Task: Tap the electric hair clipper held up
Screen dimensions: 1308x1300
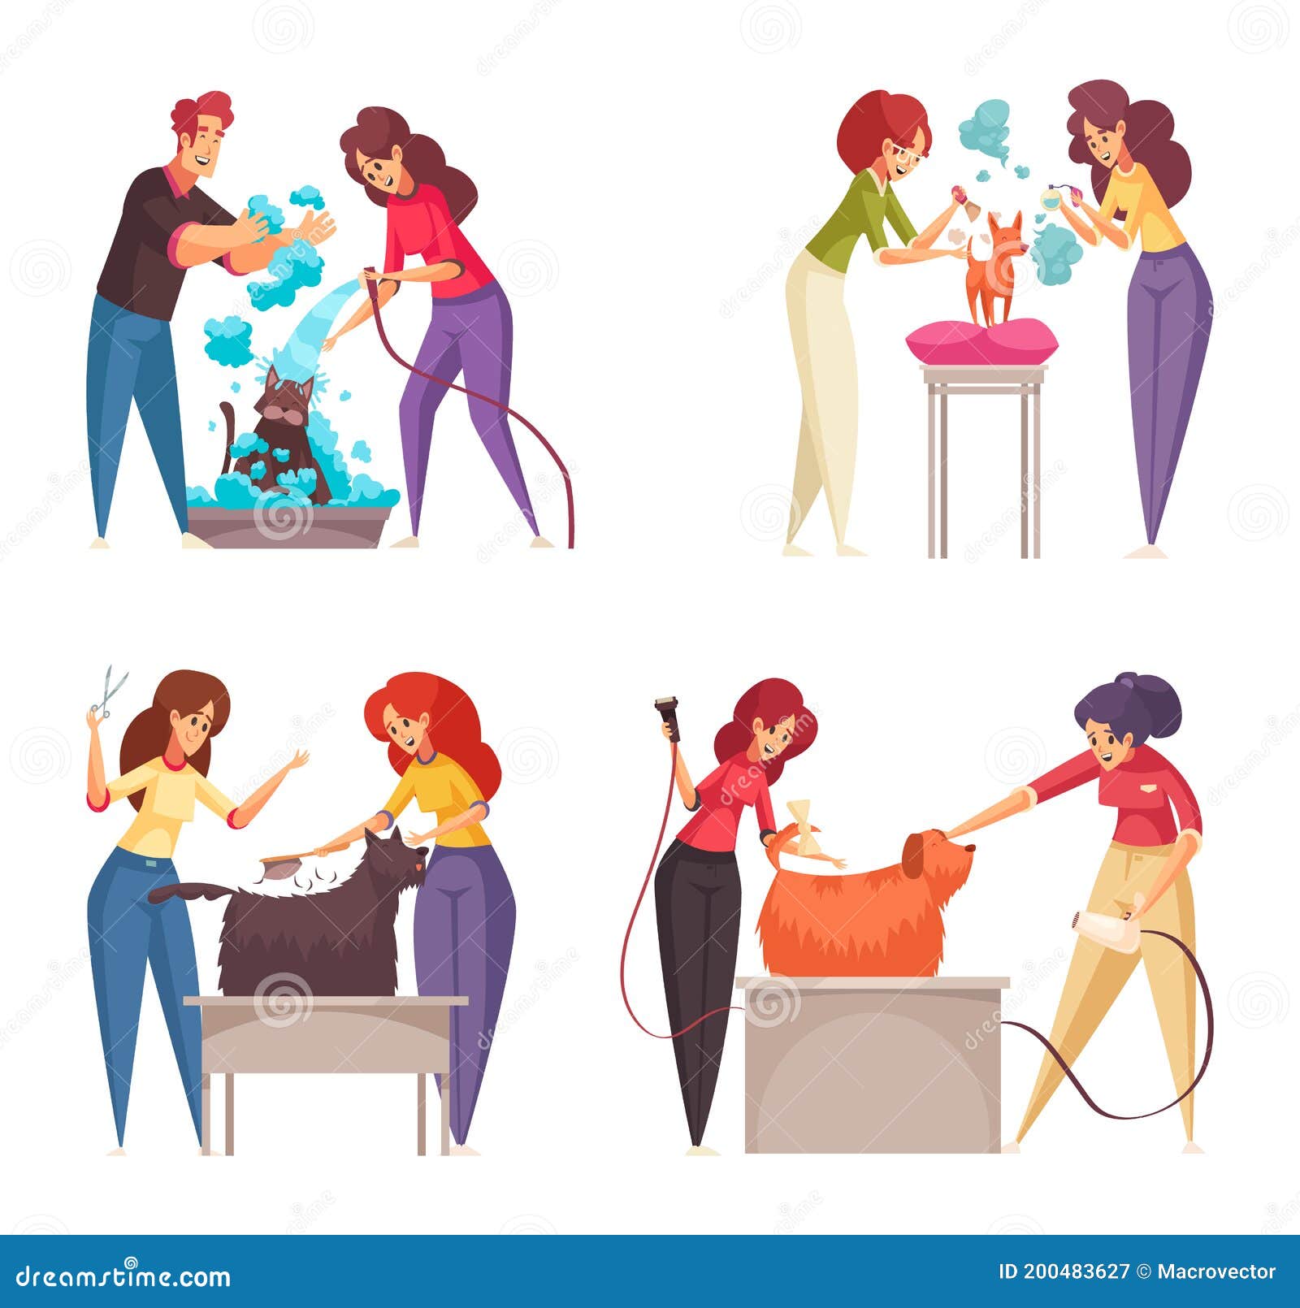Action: coord(668,712)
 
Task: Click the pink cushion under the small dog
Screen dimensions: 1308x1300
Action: coord(982,341)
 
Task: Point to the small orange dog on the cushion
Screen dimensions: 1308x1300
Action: coord(993,268)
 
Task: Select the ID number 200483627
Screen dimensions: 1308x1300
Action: coord(1076,1271)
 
